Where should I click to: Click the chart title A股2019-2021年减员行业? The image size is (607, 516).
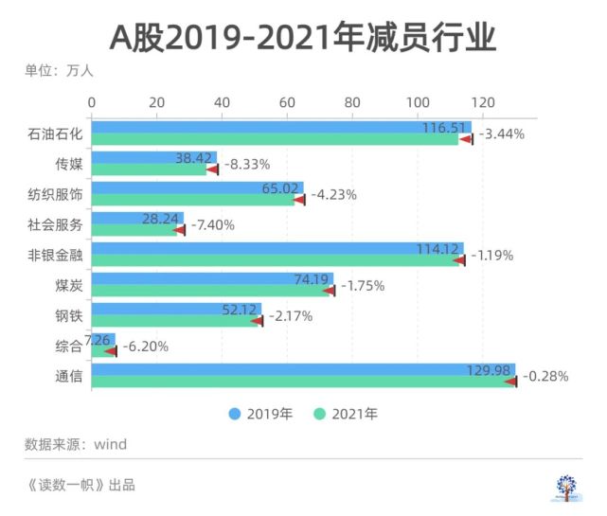click(303, 38)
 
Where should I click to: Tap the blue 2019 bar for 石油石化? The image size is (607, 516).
click(281, 127)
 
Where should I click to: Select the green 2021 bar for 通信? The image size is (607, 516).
click(303, 382)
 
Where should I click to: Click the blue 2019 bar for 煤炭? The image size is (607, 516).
click(212, 278)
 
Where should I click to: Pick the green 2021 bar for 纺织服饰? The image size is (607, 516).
click(193, 200)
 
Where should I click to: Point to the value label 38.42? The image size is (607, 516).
click(193, 158)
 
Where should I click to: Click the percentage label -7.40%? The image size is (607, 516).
click(213, 225)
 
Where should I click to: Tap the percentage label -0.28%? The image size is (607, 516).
click(545, 376)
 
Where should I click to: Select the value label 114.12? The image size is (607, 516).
click(437, 249)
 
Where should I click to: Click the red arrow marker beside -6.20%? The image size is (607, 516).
click(111, 351)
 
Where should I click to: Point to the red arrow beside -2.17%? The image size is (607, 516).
click(258, 321)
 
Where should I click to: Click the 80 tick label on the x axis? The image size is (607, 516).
click(352, 102)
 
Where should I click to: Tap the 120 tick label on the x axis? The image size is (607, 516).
click(483, 102)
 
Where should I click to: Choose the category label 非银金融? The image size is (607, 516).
click(55, 255)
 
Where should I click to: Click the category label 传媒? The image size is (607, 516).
click(69, 164)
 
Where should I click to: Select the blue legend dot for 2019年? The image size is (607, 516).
click(235, 414)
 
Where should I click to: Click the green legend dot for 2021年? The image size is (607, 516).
click(319, 414)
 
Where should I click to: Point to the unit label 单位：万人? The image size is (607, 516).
click(60, 71)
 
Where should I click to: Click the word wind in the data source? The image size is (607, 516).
click(111, 444)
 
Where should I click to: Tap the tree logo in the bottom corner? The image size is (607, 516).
click(566, 488)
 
